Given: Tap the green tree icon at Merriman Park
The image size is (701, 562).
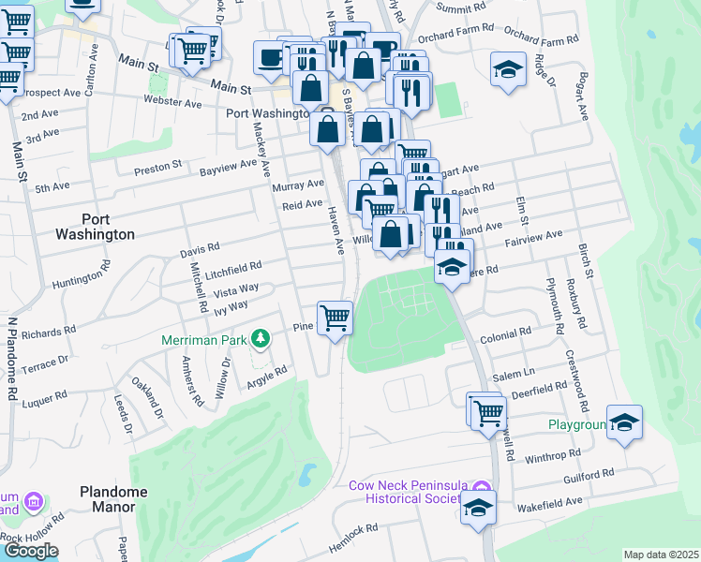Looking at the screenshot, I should pos(264,337).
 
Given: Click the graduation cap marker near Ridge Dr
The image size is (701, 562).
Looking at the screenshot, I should pos(507,68).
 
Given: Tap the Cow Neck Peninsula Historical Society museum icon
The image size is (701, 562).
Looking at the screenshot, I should pos(483,486).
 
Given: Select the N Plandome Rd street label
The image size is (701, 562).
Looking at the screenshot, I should pos(13,359).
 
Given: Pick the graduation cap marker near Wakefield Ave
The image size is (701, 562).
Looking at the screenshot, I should pos(478,509).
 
